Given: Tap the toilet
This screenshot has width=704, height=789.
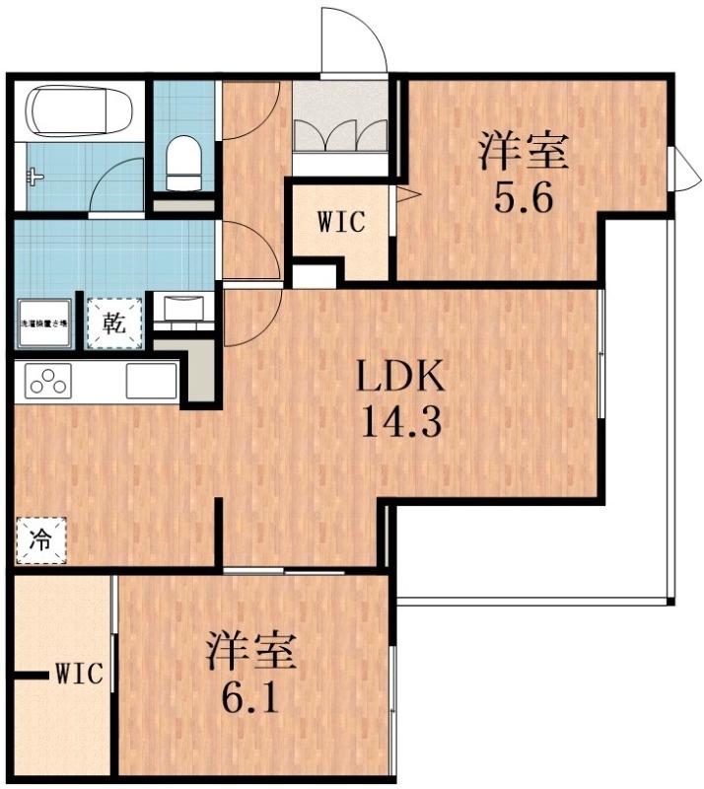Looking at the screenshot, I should pyautogui.click(x=183, y=164).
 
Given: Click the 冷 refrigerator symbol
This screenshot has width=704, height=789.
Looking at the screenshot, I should pyautogui.click(x=41, y=540).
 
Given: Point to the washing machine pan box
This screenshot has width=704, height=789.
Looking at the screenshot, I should pyautogui.click(x=44, y=323).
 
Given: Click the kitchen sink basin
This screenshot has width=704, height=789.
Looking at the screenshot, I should pyautogui.click(x=151, y=381).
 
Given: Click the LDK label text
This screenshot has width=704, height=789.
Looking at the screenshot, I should pyautogui.click(x=400, y=378).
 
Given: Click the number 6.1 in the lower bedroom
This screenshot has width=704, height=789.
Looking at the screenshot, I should pyautogui.click(x=250, y=700).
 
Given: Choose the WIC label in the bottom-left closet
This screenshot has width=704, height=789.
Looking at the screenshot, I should pyautogui.click(x=79, y=676).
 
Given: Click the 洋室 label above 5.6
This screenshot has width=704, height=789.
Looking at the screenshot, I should pyautogui.click(x=523, y=155).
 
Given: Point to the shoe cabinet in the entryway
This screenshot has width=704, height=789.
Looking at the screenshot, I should pyautogui.click(x=340, y=128).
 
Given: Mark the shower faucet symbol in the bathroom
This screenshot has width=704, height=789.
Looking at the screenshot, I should pyautogui.click(x=35, y=179).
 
